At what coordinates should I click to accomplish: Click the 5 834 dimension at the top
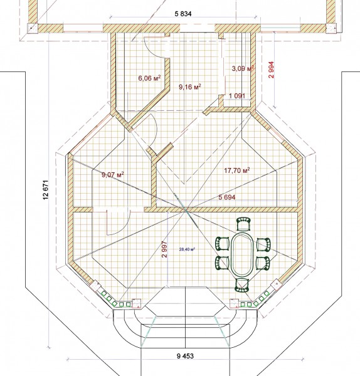tap(183, 14)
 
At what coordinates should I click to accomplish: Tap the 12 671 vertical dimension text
tap(46, 190)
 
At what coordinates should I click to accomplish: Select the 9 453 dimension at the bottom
tap(185, 356)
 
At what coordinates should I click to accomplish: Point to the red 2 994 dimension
tap(271, 70)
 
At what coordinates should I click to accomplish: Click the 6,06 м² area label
tap(149, 78)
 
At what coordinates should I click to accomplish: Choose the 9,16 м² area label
tap(190, 86)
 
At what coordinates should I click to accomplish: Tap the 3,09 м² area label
tap(243, 68)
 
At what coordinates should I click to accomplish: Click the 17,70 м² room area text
tap(237, 170)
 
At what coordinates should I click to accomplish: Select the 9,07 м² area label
tap(113, 174)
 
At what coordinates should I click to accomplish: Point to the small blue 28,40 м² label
tap(187, 249)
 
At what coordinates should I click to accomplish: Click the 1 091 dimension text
tap(237, 96)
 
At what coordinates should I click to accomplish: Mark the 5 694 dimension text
tap(227, 197)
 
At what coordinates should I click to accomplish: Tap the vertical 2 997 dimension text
tap(165, 249)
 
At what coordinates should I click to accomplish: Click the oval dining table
tap(241, 254)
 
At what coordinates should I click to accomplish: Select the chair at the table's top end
tap(244, 224)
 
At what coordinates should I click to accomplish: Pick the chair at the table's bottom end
tap(241, 285)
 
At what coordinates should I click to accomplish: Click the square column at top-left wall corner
tap(32, 28)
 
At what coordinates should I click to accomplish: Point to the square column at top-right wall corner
tap(331, 28)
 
